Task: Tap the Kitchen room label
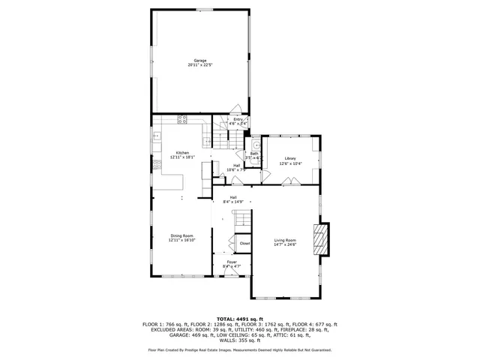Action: [182, 153]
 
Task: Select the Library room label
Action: [289, 158]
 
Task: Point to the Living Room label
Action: [284, 240]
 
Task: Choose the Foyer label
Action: [232, 262]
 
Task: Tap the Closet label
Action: [244, 244]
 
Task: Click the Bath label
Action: [254, 154]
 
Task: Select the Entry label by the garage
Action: [238, 119]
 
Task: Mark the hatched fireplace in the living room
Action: [320, 239]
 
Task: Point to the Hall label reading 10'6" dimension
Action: [236, 169]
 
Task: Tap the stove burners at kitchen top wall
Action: [181, 119]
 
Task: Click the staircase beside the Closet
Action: [241, 220]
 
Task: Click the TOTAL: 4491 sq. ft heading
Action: [239, 319]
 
